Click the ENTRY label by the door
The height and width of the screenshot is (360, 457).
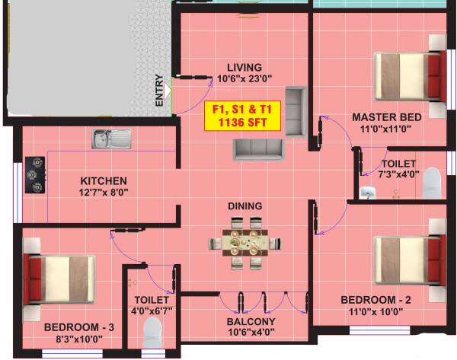coord(159,89)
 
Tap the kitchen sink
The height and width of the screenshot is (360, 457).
coord(111,139)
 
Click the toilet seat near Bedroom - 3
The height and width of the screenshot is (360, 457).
coord(153,333)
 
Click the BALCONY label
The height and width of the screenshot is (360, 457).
coord(251,321)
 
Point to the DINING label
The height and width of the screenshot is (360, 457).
coord(244,206)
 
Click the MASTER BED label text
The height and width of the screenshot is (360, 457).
coord(386,117)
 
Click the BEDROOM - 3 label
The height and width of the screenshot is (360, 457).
coord(78,327)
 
